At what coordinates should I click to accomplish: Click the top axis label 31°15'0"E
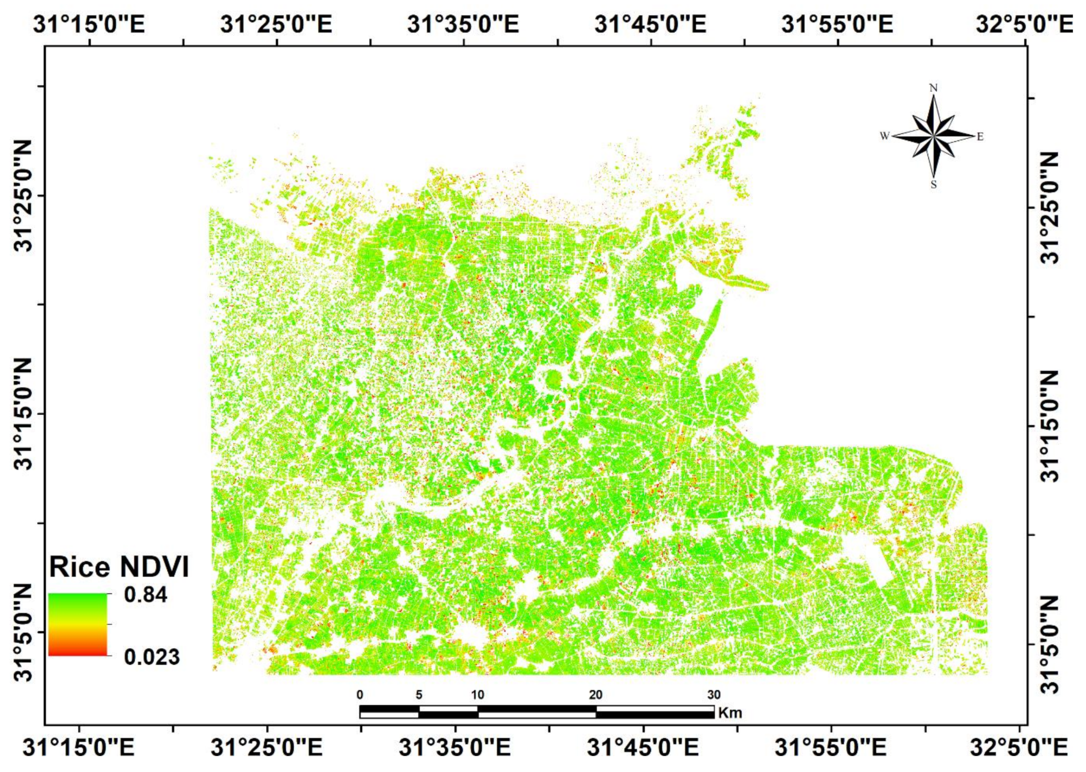[89, 24]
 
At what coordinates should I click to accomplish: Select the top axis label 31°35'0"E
[463, 24]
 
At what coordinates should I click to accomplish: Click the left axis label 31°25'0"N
[24, 196]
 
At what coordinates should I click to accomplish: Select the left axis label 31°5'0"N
[24, 632]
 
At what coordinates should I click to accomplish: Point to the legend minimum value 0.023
[152, 658]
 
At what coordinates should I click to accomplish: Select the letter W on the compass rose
[884, 137]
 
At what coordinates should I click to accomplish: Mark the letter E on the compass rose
[980, 137]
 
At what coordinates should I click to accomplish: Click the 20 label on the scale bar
[595, 695]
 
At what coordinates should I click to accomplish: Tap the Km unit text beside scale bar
[730, 713]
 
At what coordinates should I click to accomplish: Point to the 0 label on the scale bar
[360, 695]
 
